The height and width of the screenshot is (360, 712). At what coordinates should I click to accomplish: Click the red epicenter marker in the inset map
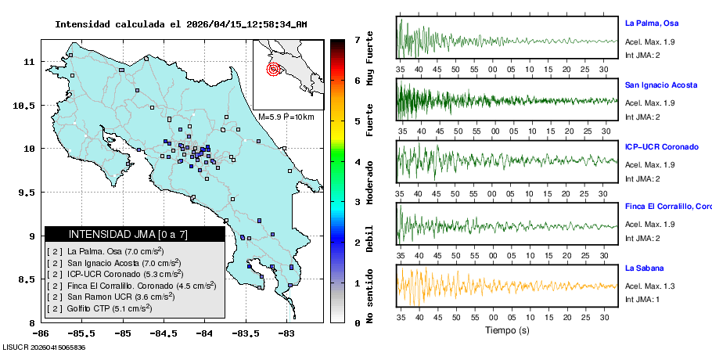click(x=273, y=69)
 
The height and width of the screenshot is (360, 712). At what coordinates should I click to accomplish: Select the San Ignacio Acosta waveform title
click(x=661, y=85)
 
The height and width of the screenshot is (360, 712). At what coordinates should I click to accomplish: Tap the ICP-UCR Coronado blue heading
click(x=661, y=146)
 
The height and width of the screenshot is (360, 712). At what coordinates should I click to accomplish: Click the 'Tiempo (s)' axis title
click(x=507, y=330)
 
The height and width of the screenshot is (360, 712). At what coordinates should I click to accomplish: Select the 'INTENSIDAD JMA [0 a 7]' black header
click(x=135, y=234)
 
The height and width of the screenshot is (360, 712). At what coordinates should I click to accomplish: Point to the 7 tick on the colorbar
click(x=357, y=39)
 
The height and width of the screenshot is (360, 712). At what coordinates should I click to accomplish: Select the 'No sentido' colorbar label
click(x=370, y=296)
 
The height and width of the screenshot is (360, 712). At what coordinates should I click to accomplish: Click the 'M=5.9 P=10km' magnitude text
click(x=286, y=117)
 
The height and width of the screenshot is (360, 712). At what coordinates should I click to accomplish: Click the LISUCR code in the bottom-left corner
click(x=44, y=347)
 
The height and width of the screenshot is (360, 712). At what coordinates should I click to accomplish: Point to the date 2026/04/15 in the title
click(x=215, y=24)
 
